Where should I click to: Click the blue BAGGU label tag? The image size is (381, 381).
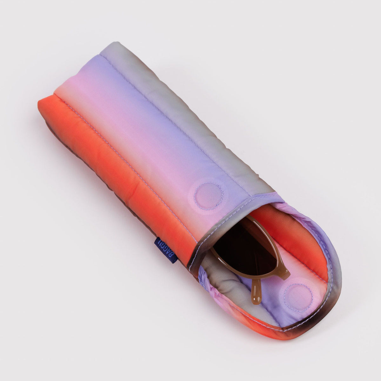(x=166, y=249)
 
